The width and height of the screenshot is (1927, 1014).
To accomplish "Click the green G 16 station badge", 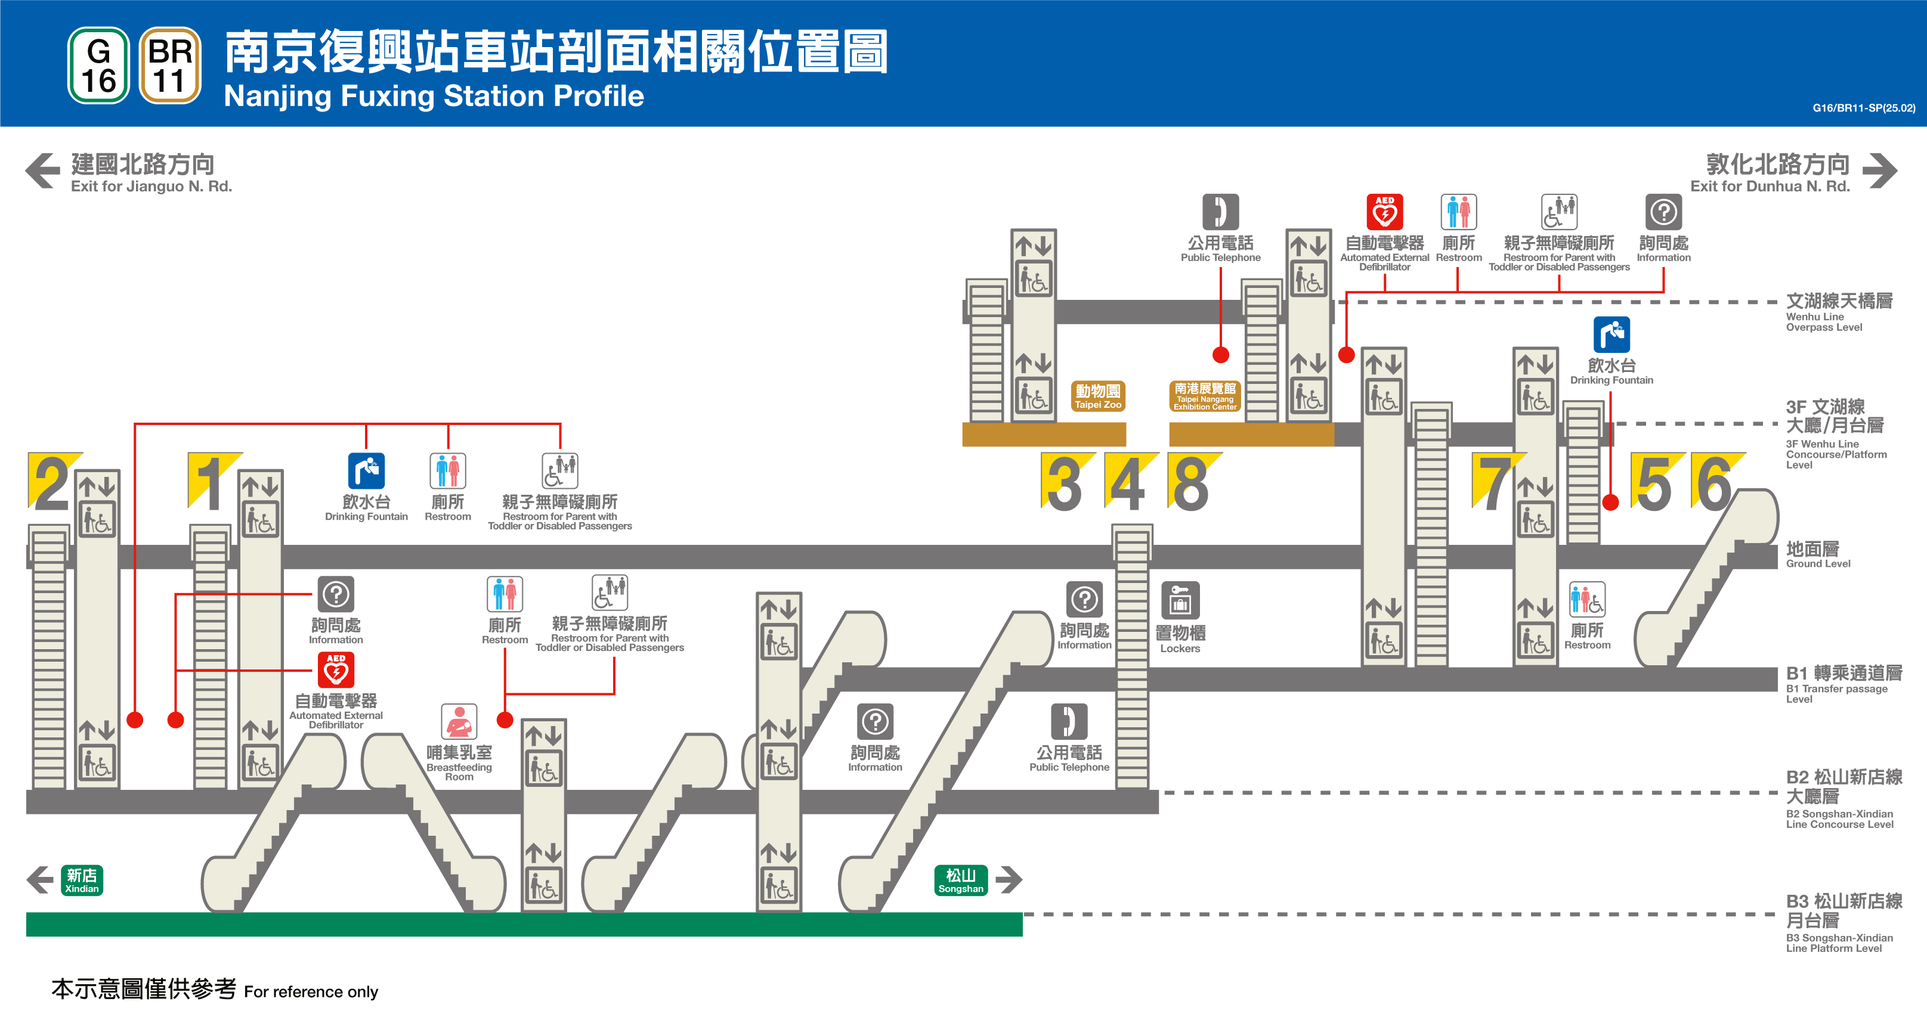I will click(x=98, y=66).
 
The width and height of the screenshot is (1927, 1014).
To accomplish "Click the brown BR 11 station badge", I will click(x=170, y=66).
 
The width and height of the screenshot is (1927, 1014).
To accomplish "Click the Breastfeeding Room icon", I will click(x=459, y=722).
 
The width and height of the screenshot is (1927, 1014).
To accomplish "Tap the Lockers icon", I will click(x=1180, y=600).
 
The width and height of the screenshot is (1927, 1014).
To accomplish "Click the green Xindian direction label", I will click(x=82, y=880).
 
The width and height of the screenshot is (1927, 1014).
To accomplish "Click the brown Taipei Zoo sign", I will click(x=1097, y=396).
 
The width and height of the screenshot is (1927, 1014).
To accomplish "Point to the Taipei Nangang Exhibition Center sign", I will click(x=1204, y=396).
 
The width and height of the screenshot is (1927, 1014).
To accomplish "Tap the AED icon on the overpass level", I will click(x=1385, y=212).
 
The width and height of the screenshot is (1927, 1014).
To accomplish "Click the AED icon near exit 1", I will click(x=336, y=670).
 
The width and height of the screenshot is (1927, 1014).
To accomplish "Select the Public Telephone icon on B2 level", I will click(x=1069, y=722).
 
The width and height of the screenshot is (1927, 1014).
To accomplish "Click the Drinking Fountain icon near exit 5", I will click(x=1611, y=334).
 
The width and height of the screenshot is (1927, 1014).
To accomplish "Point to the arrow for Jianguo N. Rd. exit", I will click(x=42, y=170).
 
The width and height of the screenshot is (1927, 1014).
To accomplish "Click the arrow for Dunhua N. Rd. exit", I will click(x=1880, y=170).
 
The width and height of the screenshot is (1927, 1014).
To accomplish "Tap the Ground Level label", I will click(x=1817, y=554).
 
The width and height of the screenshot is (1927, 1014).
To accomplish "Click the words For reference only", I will click(x=311, y=991).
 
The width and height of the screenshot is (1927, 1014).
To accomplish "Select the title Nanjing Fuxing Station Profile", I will click(x=434, y=96).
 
